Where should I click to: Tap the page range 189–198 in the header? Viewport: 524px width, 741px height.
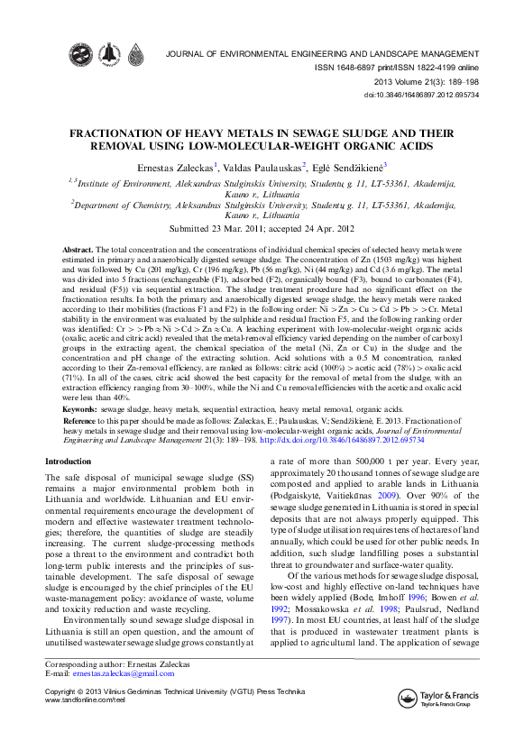[462, 80]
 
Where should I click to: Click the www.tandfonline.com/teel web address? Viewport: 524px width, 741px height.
[84, 700]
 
